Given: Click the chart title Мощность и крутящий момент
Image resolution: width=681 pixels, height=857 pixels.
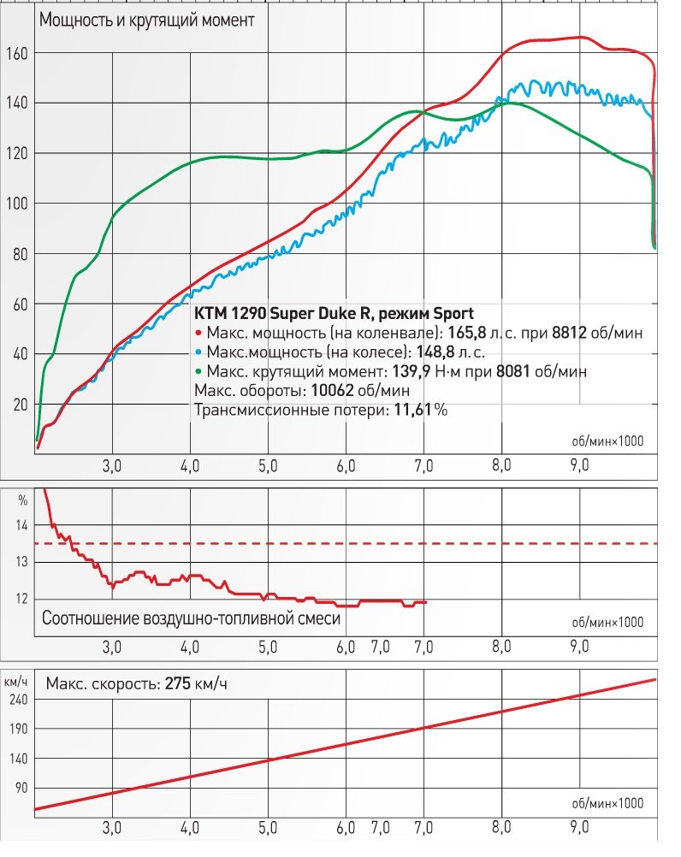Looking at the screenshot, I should pos(146,21).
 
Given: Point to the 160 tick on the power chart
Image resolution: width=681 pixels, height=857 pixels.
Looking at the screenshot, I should pos(18,53).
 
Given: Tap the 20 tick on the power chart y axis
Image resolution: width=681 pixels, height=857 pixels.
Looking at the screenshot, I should pos(18,404).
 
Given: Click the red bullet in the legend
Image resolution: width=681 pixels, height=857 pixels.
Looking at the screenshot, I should pos(198,334).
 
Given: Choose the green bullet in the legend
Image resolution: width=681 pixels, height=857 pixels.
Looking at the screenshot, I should pos(198,372).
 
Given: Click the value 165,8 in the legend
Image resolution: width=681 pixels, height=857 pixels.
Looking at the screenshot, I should pos(469,333).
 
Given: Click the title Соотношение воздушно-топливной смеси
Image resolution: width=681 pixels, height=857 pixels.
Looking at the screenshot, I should pos(191,618).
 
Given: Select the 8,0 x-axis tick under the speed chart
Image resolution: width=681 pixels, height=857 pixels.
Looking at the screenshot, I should pos(501,827).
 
